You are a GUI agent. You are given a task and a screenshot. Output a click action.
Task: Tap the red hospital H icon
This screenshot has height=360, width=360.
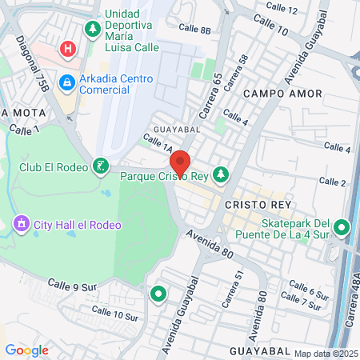tap(69, 50)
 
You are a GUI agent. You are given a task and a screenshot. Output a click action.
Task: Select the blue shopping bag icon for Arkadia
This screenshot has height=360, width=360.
tap(67, 81)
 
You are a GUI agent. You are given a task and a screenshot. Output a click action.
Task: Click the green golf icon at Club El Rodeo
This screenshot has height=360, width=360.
tap(100, 166)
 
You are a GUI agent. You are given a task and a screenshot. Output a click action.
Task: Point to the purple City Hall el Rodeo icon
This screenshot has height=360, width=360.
tap(21, 223)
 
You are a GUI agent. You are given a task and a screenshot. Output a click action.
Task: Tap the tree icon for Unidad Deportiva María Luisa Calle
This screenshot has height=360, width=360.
tap(93, 30)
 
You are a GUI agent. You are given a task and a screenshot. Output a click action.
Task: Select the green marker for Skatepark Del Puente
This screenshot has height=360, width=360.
tap(342, 229)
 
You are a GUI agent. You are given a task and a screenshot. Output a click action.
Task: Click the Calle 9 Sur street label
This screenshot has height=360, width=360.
tap(72, 285)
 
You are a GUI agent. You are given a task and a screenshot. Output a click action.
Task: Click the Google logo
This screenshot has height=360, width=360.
tap(26, 350)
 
